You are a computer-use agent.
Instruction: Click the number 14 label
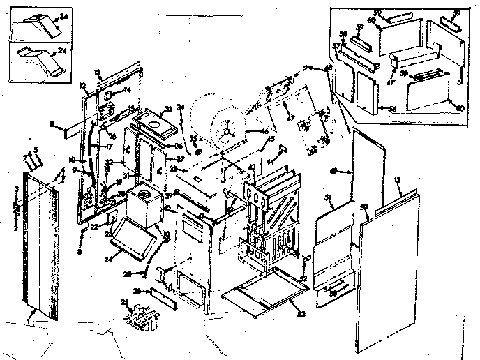tap(127, 91)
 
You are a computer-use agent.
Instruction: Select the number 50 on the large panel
tap(363, 208)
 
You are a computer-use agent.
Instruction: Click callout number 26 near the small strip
tap(137, 290)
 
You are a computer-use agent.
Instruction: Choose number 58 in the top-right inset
tap(343, 33)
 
